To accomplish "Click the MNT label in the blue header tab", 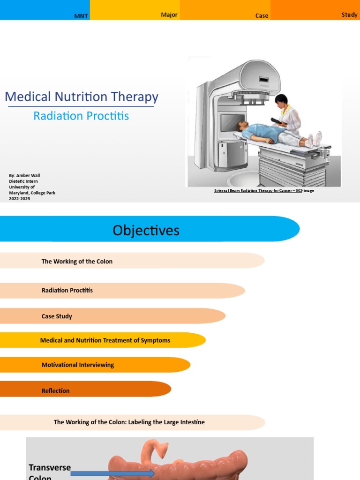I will click(81, 16).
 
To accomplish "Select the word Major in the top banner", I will click(169, 15).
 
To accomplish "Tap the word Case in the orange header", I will click(262, 16).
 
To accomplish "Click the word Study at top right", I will click(349, 15).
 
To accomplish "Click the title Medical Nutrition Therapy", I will click(82, 97).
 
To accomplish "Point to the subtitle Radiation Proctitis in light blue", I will click(81, 116).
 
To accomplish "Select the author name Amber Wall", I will click(28, 176).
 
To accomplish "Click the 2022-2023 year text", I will click(19, 198).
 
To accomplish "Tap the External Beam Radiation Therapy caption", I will click(264, 191).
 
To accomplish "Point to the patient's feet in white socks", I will click(314, 139).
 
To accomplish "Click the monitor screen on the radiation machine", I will click(232, 123).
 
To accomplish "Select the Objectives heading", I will click(146, 230).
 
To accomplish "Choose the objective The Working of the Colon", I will click(77, 262).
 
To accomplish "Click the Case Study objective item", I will click(57, 316).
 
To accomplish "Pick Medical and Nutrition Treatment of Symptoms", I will click(105, 340).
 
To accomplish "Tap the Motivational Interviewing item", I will click(78, 365).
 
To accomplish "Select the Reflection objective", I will click(55, 390).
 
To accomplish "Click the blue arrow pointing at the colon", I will click(112, 474).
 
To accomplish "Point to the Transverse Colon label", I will click(50, 472).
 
